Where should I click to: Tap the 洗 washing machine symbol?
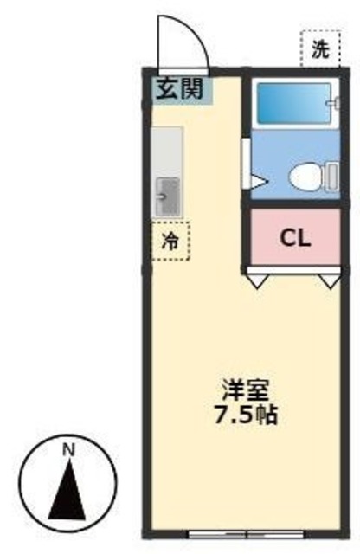(316, 48)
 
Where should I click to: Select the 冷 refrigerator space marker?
(170, 241)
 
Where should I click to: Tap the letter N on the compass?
(67, 449)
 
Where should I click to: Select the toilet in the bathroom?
(304, 178)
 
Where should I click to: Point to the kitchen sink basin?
(167, 195)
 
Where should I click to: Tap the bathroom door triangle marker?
(258, 182)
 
